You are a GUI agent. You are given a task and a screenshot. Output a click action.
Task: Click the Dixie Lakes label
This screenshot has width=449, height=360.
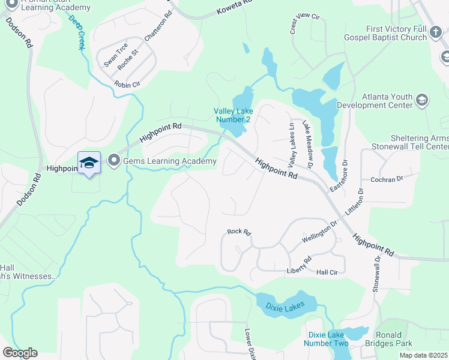pos(285,306)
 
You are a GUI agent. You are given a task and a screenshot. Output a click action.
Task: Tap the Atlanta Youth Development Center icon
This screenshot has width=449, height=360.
pos(422,100)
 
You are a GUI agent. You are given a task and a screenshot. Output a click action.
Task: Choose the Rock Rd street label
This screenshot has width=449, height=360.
pos(238,232)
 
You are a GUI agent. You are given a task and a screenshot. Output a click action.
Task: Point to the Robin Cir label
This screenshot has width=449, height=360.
pos(127,85)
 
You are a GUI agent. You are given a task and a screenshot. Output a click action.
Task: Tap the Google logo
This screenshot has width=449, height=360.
pos(20,352)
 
